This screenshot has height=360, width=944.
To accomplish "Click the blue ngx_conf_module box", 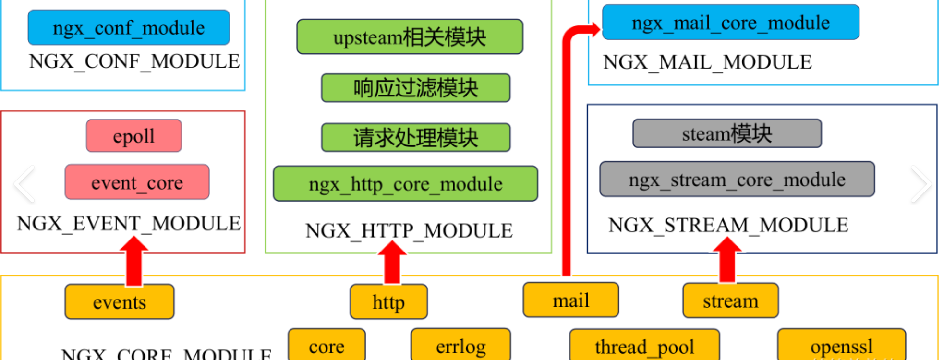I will (x=129, y=27).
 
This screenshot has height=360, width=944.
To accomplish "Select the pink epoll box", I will (x=134, y=136).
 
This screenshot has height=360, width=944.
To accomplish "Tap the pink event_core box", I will (x=137, y=182).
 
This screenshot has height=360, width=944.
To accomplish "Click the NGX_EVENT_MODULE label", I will (x=129, y=224).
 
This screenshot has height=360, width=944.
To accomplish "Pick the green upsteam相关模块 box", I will (x=410, y=36).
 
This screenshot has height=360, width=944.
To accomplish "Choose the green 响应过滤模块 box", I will (x=416, y=88).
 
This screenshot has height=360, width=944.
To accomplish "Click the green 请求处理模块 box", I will (x=416, y=138).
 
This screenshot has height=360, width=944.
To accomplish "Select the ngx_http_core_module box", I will (x=405, y=184).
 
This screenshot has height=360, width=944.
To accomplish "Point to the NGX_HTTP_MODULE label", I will (x=409, y=231).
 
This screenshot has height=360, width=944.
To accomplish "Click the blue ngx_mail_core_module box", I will (x=730, y=22).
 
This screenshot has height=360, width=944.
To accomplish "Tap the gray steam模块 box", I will (x=727, y=133).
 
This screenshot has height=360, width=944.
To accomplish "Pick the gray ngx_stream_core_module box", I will (x=737, y=180).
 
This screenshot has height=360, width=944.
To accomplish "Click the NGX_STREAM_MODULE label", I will (x=728, y=225).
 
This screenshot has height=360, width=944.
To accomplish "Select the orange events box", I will (x=120, y=302).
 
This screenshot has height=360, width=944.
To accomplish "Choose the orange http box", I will (x=388, y=302).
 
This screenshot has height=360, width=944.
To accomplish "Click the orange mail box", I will (x=571, y=300).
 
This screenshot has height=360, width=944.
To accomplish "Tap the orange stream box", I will (x=730, y=301).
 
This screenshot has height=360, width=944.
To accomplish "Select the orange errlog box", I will (x=460, y=345).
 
